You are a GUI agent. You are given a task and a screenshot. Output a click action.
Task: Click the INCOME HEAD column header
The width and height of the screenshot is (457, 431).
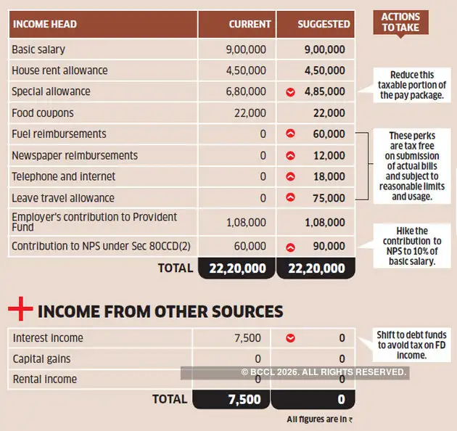pos(44,24)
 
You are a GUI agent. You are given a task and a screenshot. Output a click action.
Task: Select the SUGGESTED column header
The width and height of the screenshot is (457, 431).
pos(324,24)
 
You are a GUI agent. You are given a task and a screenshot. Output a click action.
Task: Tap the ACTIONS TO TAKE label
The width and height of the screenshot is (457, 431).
pos(400,22)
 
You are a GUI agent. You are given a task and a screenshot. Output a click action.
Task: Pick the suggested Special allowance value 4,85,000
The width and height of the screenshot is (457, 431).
pos(325,92)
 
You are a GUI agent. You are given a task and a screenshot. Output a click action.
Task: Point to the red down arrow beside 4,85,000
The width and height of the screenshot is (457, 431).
pos(290,92)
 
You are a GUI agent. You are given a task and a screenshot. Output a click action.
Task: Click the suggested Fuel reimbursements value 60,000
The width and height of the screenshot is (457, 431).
pos(329,134)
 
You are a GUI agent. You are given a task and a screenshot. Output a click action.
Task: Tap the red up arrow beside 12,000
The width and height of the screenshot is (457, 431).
pos(290,155)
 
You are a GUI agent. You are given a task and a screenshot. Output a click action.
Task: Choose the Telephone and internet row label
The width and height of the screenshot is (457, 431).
pos(64,176)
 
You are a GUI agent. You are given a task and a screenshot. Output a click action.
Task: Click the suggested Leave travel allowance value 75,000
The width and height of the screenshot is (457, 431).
pos(329,198)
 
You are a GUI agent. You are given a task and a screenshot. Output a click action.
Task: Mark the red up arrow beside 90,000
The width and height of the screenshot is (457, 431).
pos(290,247)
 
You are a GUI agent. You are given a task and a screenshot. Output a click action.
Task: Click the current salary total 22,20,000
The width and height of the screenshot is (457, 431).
pos(237,268)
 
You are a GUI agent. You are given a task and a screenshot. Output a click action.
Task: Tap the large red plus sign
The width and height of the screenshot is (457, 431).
pos(20,311)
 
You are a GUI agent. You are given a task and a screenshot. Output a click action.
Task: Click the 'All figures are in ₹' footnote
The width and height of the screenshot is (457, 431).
pos(319,419)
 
